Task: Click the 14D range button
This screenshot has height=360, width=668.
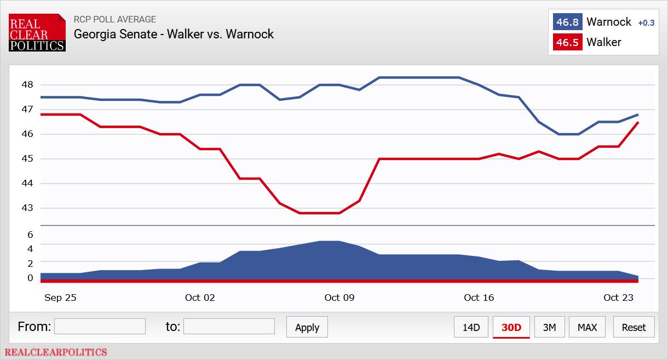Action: click(471, 327)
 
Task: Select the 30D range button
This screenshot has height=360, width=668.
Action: click(511, 327)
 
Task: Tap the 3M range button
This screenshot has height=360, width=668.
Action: click(549, 327)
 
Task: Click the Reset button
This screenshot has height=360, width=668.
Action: click(634, 327)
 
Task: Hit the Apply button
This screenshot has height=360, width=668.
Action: click(307, 327)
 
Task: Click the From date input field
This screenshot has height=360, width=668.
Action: click(100, 327)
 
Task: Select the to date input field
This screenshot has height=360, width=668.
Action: click(229, 327)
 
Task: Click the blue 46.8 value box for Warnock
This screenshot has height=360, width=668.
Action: click(567, 22)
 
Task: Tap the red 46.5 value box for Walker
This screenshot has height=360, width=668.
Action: click(567, 42)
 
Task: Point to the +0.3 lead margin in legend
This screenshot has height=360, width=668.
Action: click(646, 23)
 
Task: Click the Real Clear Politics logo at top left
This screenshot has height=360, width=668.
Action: click(37, 33)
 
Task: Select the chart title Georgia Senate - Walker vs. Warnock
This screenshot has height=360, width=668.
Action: click(174, 34)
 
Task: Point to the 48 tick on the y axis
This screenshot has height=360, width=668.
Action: click(28, 85)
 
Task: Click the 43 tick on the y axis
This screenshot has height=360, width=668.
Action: click(28, 208)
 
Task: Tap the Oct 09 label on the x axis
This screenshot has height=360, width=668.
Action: click(339, 298)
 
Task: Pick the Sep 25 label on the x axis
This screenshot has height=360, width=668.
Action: click(60, 298)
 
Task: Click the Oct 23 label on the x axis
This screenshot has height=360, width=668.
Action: click(618, 298)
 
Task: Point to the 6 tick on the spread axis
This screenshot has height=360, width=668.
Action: click(30, 235)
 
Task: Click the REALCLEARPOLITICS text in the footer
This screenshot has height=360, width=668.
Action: click(56, 352)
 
